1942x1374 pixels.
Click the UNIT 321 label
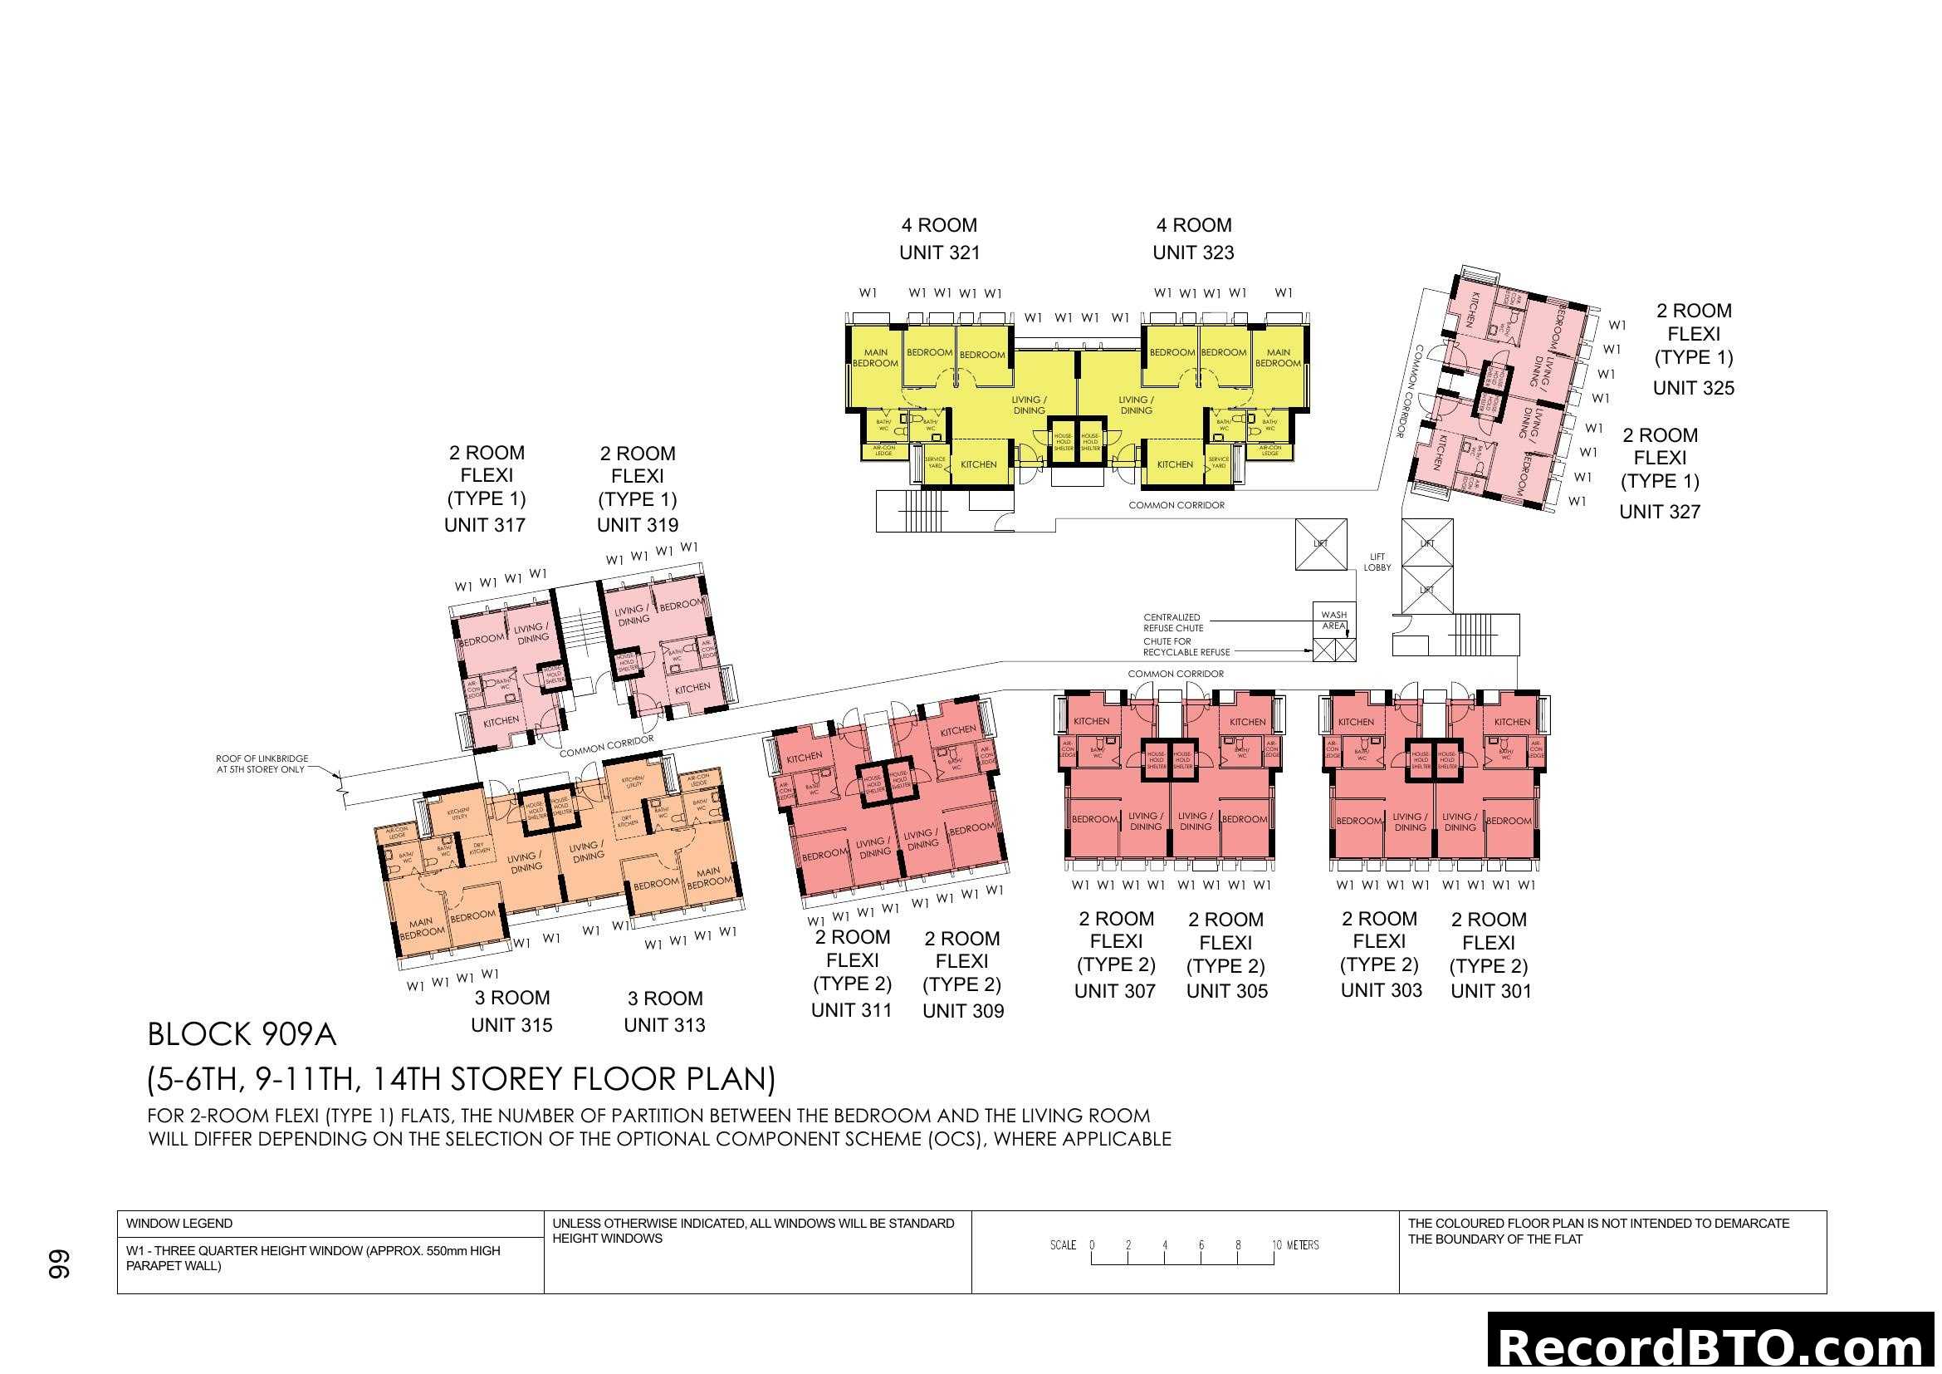tap(939, 253)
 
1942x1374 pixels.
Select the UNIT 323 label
tap(1192, 253)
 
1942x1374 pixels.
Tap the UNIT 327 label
tap(1659, 512)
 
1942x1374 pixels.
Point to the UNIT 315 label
tap(511, 1024)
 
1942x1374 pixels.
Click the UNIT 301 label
tap(1490, 991)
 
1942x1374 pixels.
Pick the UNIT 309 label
tap(962, 1011)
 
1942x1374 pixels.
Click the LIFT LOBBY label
tap(1377, 562)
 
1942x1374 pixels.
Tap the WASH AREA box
tap(1334, 621)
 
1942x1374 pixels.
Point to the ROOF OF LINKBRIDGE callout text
tap(262, 764)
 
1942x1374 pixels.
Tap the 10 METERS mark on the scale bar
tap(1295, 1245)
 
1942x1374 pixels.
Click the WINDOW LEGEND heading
tap(179, 1224)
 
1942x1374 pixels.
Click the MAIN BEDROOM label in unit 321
tap(874, 358)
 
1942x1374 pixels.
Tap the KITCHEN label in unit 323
tap(1175, 464)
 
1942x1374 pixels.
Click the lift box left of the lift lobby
tap(1320, 544)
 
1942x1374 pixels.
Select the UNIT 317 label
tap(485, 525)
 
